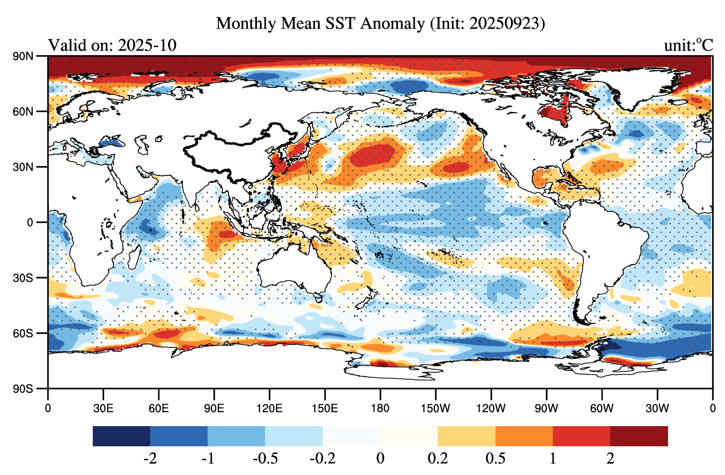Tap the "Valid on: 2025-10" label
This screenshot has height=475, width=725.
[112, 45]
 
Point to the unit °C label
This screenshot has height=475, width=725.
[688, 45]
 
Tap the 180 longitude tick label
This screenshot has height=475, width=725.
[380, 408]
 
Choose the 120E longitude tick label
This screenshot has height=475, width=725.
[269, 408]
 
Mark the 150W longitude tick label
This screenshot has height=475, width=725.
[435, 408]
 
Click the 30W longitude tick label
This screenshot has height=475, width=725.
[657, 408]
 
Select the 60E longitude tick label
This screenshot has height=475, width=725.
[159, 408]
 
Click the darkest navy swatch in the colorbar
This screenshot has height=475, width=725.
[122, 436]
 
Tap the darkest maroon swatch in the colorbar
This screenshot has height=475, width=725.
[639, 436]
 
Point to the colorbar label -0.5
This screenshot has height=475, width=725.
[265, 458]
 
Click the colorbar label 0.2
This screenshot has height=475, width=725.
[438, 458]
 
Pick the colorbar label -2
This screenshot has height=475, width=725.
[150, 458]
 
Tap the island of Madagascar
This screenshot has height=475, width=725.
[133, 258]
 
